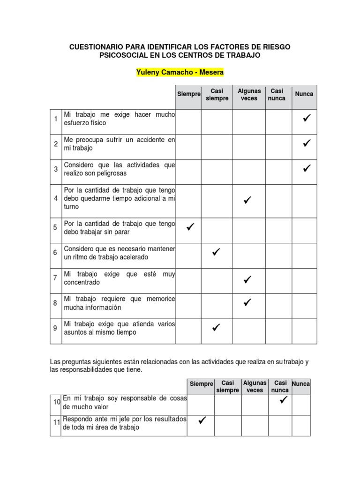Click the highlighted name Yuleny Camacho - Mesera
[x=180, y=73]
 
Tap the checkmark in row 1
[x=307, y=119]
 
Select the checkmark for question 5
[x=190, y=227]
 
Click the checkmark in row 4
[x=247, y=200]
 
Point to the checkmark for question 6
[x=216, y=253]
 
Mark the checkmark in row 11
[x=202, y=420]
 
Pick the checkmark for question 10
[x=283, y=400]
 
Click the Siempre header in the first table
[x=188, y=94]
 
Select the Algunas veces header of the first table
[x=249, y=94]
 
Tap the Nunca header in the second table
[x=300, y=384]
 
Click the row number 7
[x=55, y=278]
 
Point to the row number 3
[x=55, y=169]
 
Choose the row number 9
[x=55, y=328]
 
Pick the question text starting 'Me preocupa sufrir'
[x=119, y=144]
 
